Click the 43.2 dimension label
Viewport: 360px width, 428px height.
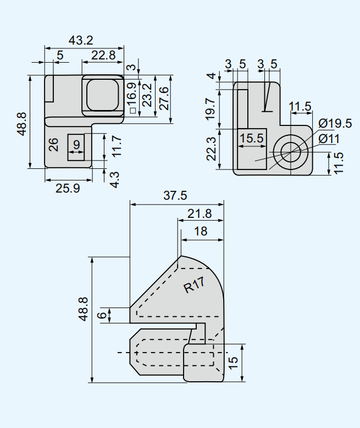[81, 40]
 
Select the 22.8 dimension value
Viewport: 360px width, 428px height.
[103, 55]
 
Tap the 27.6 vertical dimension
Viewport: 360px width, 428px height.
[163, 98]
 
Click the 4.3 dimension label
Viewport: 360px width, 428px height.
[114, 179]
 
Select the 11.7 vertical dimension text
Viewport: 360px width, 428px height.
[115, 146]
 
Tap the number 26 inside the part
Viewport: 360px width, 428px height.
[53, 145]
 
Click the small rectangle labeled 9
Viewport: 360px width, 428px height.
[76, 147]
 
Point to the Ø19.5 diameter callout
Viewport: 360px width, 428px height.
[335, 123]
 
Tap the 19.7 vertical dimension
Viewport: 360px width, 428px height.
[211, 109]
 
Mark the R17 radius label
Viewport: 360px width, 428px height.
[195, 285]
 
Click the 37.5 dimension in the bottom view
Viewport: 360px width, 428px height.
[176, 195]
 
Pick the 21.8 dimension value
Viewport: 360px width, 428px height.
[199, 213]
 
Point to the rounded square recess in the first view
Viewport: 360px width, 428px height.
[102, 95]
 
